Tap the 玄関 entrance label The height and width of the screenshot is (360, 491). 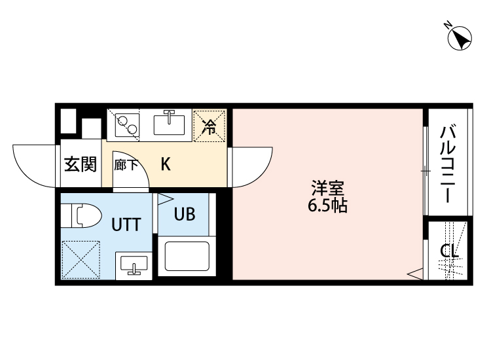click(80, 164)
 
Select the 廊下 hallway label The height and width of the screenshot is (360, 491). click(126, 164)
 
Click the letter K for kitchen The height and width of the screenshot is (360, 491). click(166, 164)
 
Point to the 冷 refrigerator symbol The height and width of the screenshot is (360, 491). click(209, 126)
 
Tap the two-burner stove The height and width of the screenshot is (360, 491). click(127, 123)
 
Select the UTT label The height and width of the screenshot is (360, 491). click(125, 225)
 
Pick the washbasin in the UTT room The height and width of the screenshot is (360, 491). click(134, 266)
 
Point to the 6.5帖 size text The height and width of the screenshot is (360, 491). click(327, 206)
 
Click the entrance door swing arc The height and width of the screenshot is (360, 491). click(34, 165)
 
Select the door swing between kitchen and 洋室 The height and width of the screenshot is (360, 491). click(252, 167)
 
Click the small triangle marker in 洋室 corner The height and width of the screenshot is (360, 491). click(415, 273)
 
